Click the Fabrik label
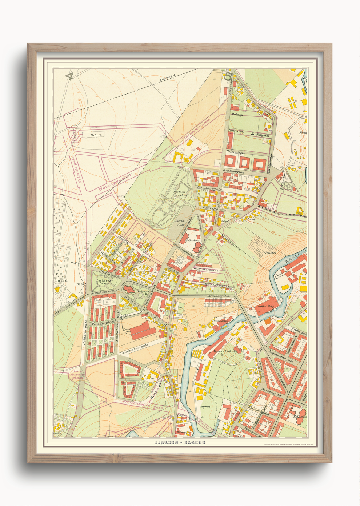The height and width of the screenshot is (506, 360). click(x=96, y=135)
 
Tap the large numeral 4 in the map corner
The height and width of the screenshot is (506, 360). click(x=69, y=76)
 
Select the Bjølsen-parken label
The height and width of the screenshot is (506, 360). click(x=180, y=193)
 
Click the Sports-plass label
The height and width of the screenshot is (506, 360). click(x=180, y=222)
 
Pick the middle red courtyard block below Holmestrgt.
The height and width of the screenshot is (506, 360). click(x=244, y=163)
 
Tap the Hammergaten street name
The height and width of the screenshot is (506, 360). click(x=206, y=270)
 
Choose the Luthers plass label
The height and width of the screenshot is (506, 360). click(x=101, y=282)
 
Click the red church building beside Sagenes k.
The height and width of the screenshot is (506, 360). click(x=129, y=290)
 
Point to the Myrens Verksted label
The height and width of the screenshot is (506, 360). click(x=225, y=351)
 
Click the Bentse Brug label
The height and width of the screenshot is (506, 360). click(x=266, y=306)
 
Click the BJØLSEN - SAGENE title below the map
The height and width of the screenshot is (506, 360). click(x=180, y=442)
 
